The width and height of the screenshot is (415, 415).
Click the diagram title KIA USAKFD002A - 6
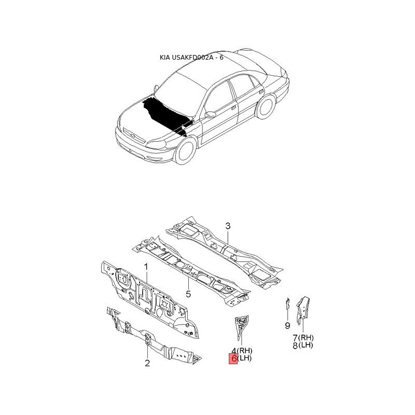point(191,58)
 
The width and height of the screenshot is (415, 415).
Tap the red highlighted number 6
point(233,358)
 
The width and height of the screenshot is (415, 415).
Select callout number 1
point(146,267)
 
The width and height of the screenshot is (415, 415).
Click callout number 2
point(147,363)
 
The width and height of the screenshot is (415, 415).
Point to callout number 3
point(227,226)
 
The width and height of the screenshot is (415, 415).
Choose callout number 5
point(188,294)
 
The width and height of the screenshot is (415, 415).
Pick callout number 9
point(287,325)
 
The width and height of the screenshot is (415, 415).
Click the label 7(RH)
point(303,338)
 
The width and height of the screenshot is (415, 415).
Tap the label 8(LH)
point(303,345)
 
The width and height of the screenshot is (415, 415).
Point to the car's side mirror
point(210,114)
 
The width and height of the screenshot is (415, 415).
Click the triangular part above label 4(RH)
point(242,324)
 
